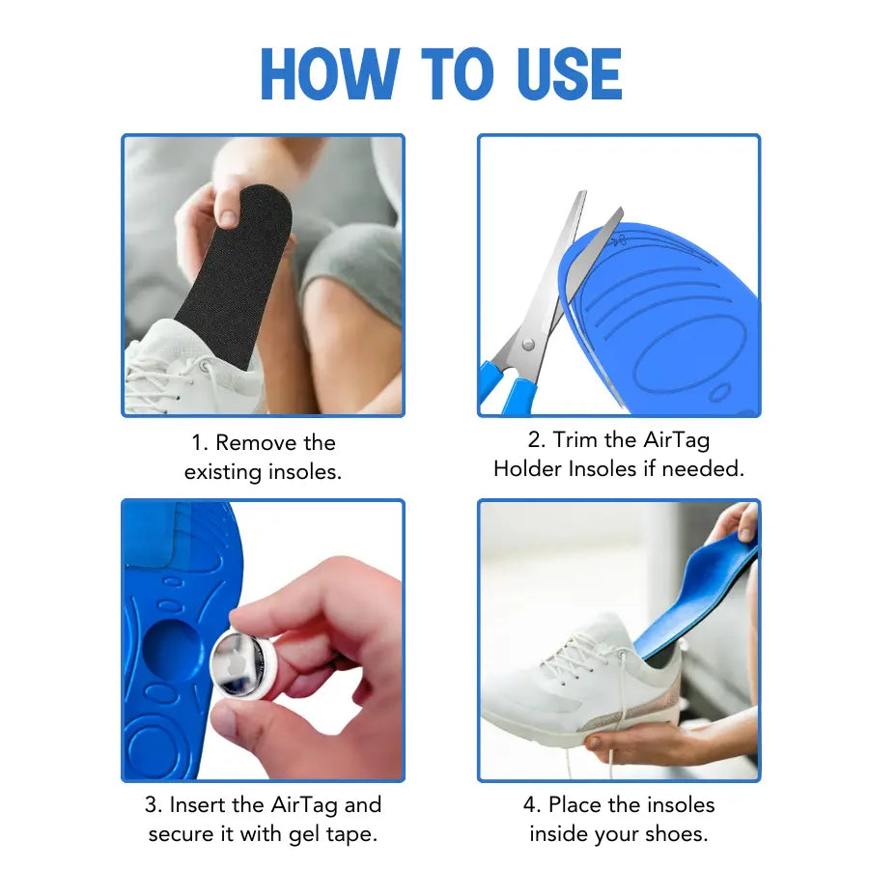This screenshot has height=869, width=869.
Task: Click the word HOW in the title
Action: click(328, 74)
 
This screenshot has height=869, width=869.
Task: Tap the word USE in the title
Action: click(560, 74)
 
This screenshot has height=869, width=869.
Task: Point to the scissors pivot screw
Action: click(527, 343)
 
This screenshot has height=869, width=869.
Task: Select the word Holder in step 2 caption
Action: click(528, 469)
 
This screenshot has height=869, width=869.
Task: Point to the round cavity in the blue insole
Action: click(172, 649)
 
